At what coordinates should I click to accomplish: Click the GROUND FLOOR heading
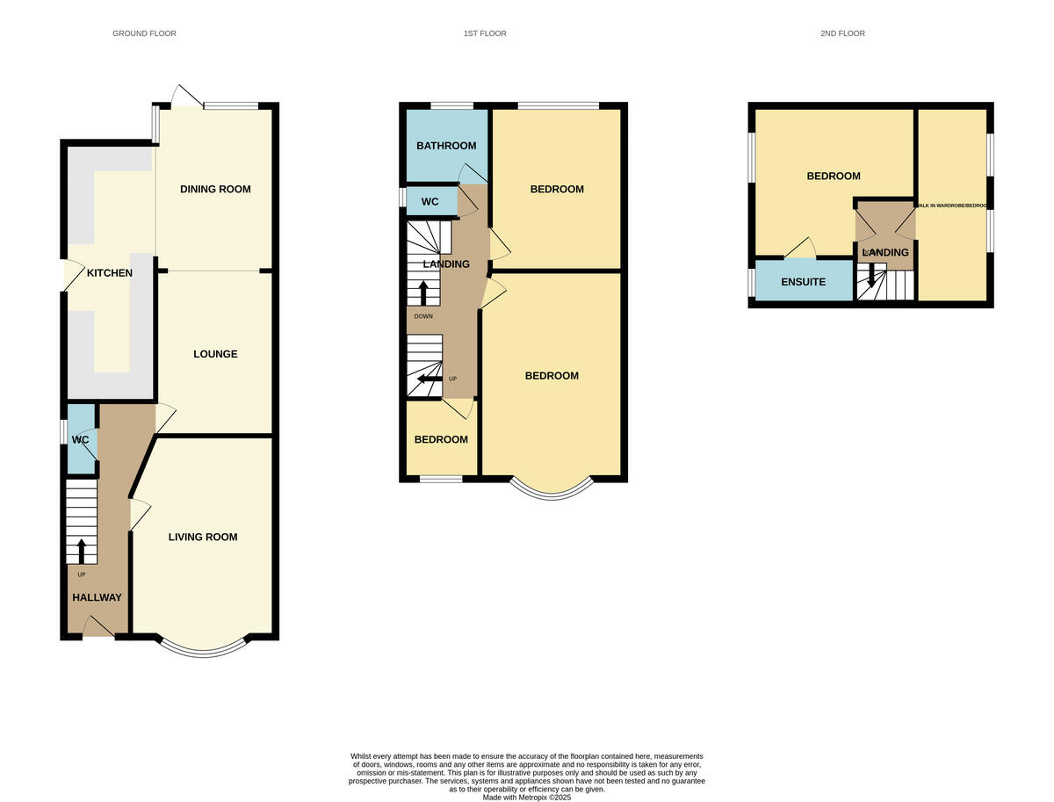click(x=144, y=33)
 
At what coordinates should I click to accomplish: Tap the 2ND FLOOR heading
click(x=842, y=33)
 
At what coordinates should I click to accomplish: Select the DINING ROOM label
click(x=215, y=189)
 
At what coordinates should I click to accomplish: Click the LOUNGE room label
click(x=215, y=354)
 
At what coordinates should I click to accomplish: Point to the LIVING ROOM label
click(x=203, y=537)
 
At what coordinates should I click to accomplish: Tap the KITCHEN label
click(x=110, y=273)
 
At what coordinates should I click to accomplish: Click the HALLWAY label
click(x=97, y=597)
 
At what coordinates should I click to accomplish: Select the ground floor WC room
click(x=81, y=438)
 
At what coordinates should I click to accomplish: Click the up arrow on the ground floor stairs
click(x=82, y=551)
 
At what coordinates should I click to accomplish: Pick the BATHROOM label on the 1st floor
click(x=446, y=146)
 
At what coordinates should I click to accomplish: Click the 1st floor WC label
click(x=430, y=202)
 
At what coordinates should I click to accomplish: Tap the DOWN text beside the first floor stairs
click(x=423, y=316)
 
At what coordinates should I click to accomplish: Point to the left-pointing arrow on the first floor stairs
click(x=429, y=379)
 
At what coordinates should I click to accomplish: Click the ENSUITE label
click(x=803, y=282)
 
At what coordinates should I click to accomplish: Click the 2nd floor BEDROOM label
click(x=834, y=176)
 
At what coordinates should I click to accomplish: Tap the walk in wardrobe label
click(x=952, y=206)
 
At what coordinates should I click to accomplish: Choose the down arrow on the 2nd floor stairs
click(x=871, y=276)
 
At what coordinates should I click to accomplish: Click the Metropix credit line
click(x=527, y=798)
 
